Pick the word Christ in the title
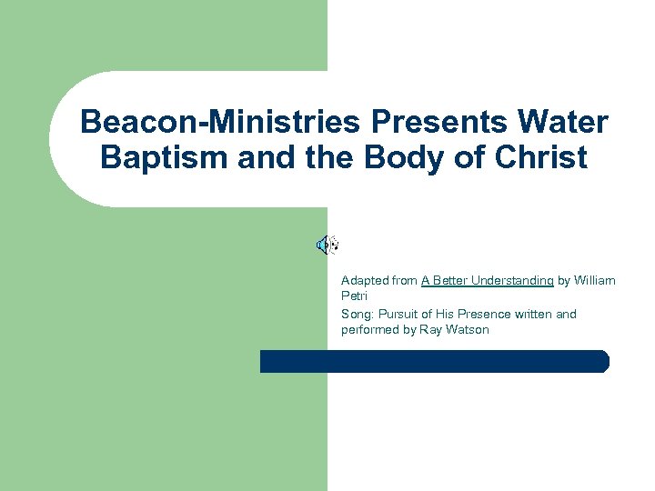543,158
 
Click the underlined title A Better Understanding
487,281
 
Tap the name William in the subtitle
595,281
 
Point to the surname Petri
354,296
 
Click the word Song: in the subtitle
358,314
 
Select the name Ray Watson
455,329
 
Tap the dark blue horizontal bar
434,361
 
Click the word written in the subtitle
535,314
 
